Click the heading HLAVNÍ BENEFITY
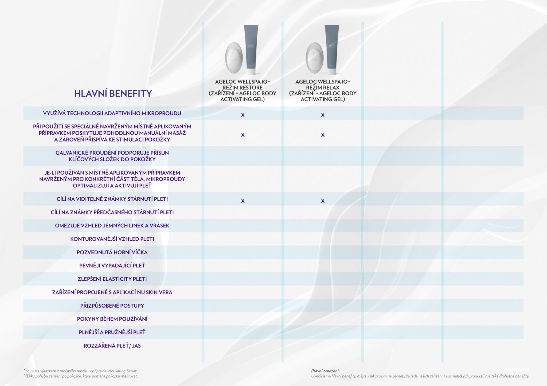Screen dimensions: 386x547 [x=113, y=94]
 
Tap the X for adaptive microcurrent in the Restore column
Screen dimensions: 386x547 [x=243, y=115]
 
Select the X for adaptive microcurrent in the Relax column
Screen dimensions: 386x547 [x=323, y=115]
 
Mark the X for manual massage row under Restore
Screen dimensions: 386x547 [x=243, y=135]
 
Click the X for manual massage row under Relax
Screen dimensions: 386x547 [x=323, y=135]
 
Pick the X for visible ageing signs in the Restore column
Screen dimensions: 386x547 [x=243, y=201]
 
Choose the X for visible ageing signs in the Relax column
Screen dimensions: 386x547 [x=323, y=201]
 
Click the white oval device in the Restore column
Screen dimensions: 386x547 [x=233, y=58]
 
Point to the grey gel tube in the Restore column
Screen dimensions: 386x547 [x=251, y=49]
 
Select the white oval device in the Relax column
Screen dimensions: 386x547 [x=314, y=58]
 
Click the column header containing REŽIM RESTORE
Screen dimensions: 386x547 [x=243, y=90]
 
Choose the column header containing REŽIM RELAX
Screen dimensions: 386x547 [x=323, y=90]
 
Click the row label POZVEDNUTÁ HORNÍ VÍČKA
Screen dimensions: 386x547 [x=112, y=252]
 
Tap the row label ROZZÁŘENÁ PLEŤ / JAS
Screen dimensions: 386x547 [x=112, y=346]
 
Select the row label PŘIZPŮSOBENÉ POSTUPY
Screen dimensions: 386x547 [x=112, y=306]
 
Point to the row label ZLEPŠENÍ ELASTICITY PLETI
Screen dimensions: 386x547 [x=112, y=279]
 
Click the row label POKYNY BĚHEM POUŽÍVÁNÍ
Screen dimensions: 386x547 [x=112, y=319]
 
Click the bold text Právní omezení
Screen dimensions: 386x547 [x=325, y=371]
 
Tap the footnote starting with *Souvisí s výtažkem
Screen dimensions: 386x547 [x=81, y=371]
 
